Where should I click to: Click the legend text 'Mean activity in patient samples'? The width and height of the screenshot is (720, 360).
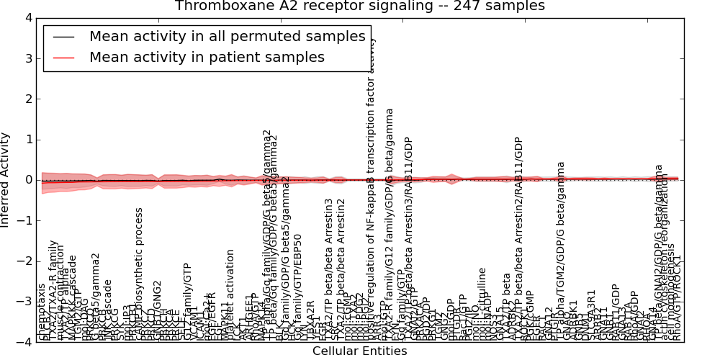pyautogui.click(x=207, y=57)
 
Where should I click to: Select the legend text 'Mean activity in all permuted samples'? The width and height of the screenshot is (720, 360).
pyautogui.click(x=227, y=37)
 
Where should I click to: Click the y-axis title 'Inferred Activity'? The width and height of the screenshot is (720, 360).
pyautogui.click(x=6, y=179)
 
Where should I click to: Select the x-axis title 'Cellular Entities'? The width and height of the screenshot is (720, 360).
pyautogui.click(x=359, y=351)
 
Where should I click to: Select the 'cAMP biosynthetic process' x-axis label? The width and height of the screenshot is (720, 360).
pyautogui.click(x=140, y=274)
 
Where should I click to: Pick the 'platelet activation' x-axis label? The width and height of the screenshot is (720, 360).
pyautogui.click(x=230, y=295)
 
